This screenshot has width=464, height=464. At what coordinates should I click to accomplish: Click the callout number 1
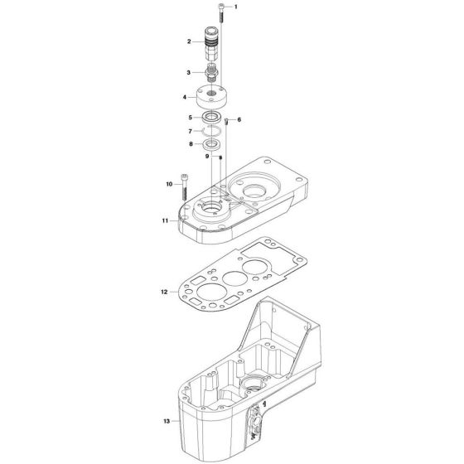coord(234,7)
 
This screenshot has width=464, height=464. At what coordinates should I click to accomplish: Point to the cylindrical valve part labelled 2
coord(213,43)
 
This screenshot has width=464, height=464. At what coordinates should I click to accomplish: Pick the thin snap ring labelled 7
coord(214,131)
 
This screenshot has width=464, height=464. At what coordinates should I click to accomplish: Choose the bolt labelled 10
coord(184,186)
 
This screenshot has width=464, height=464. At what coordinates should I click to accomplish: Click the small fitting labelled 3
coord(213,72)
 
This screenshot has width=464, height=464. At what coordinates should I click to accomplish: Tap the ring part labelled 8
coord(215,144)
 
